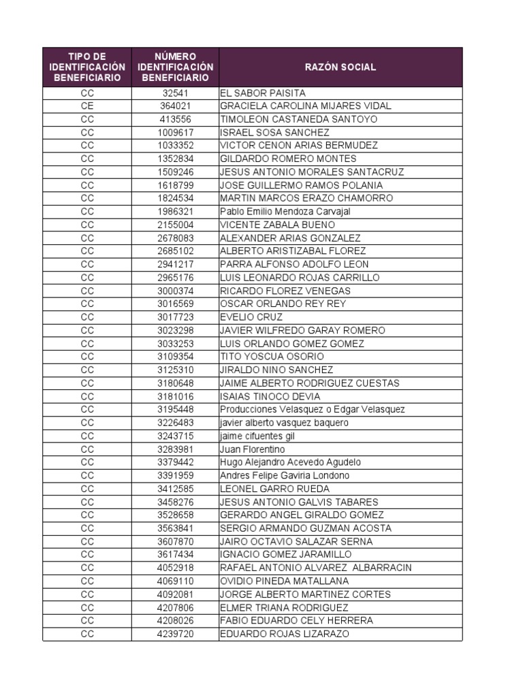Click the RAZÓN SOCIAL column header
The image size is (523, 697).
pos(340,67)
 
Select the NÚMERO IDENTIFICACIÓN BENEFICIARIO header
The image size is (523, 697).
pos(175,67)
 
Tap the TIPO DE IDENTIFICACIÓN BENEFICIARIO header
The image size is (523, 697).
pos(88,67)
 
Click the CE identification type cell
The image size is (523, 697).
pos(87,106)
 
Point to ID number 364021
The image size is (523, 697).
pos(176,106)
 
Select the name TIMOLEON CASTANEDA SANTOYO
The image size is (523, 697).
pos(298,119)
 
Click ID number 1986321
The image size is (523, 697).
pos(176,212)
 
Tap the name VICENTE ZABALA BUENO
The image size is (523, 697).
pos(277,225)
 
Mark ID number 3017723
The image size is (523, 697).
pos(176,317)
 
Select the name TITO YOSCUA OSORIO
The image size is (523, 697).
pos(272,357)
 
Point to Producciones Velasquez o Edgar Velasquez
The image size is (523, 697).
pos(313,410)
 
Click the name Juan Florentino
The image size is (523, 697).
pos(253,449)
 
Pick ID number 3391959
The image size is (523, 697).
pos(176,476)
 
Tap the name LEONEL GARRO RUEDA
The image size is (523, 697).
pos(274,489)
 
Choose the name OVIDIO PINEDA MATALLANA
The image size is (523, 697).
pos(284,581)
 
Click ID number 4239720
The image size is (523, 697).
pos(176,634)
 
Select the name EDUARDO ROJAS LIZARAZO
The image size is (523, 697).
pos(284,634)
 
